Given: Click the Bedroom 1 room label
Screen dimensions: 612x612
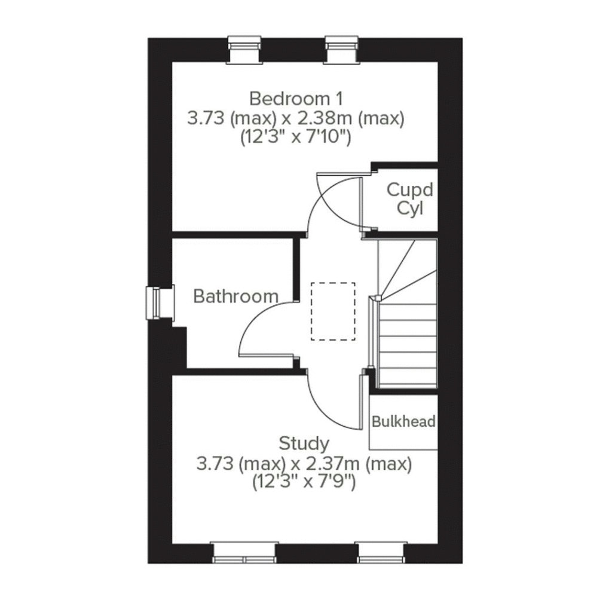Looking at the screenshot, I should (x=296, y=97).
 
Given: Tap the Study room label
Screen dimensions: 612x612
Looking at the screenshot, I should (x=304, y=443).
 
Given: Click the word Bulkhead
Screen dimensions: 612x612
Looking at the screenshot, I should (x=403, y=421).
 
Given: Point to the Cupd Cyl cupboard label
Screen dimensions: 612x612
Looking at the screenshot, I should (x=409, y=200).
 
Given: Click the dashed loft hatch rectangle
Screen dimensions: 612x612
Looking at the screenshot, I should (x=333, y=311).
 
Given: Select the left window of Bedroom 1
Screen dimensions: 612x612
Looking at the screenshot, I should (x=245, y=50).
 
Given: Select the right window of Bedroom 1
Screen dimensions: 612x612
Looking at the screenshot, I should (x=342, y=50).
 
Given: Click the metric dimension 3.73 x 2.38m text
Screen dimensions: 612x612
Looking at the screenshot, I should (x=296, y=118).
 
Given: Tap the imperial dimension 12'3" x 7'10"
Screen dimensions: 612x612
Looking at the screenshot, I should (x=296, y=137).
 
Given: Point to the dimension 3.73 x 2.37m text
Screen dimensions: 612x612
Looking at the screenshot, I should (x=304, y=464).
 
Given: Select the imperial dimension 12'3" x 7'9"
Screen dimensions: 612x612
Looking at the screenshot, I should (x=304, y=482).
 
